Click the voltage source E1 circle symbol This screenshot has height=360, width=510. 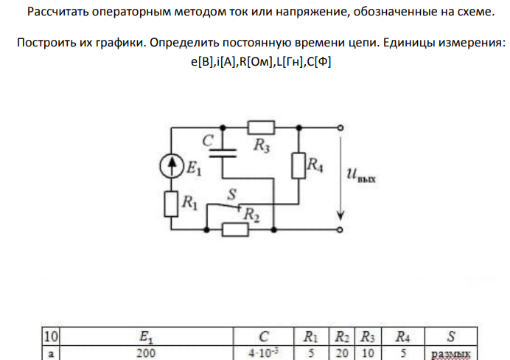click(172, 166)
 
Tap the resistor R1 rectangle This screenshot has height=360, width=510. click(171, 204)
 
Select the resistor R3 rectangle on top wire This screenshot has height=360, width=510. click(261, 128)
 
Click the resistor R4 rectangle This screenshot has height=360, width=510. click(298, 165)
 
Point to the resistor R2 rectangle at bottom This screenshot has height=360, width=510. click(235, 229)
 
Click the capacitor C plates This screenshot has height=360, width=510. click(223, 153)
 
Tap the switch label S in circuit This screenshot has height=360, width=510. click(231, 195)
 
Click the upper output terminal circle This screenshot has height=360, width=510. click(340, 128)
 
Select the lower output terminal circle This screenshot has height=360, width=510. click(340, 230)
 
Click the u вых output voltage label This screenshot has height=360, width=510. click(361, 175)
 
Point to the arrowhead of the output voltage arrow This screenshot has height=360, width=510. click(340, 215)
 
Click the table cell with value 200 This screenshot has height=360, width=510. click(146, 353)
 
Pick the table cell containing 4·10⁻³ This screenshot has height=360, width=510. click(263, 353)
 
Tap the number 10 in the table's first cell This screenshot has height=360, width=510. click(51, 336)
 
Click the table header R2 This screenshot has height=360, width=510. click(342, 337)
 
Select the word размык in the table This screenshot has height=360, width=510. click(451, 354)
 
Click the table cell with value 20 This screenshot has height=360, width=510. click(342, 353)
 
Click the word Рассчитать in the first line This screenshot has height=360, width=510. click(57, 12)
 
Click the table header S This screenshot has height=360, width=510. click(451, 336)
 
